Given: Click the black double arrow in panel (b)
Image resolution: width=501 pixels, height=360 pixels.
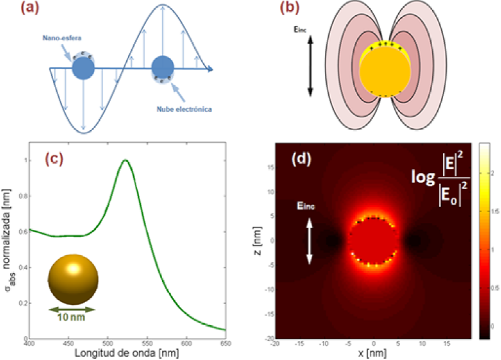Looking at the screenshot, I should click(x=310, y=66).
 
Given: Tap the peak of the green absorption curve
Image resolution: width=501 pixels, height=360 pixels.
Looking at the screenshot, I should click(x=126, y=160).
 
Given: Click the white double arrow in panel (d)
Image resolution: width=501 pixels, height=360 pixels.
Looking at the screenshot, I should click(x=309, y=241).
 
